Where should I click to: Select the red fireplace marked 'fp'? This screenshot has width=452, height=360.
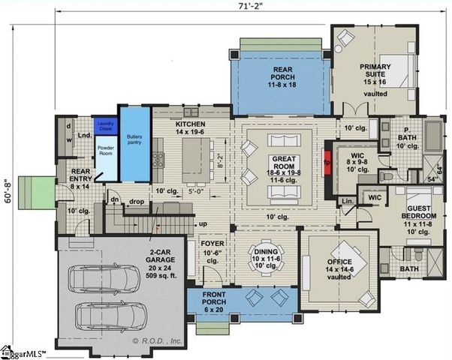click(327, 160)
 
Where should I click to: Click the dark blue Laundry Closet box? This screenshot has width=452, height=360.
click(104, 126)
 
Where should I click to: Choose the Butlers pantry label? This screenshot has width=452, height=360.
click(135, 139)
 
